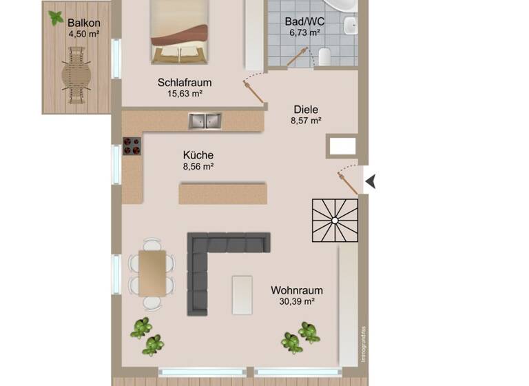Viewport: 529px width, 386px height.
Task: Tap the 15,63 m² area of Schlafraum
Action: [x=184, y=94]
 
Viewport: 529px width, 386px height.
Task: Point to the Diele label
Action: [x=307, y=109]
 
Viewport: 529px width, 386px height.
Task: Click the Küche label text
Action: [x=198, y=155]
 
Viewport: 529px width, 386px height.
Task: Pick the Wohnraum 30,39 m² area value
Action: [x=297, y=301]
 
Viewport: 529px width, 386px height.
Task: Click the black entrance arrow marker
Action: [x=371, y=182]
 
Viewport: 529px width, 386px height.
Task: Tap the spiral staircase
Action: [x=335, y=221]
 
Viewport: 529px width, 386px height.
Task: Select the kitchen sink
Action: [x=205, y=121]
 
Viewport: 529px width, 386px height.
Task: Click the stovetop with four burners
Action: [x=132, y=145]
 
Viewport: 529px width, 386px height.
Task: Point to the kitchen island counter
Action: [x=222, y=192]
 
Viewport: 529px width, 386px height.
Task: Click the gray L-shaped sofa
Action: [x=207, y=262]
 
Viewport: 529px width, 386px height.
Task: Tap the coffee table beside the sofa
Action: [x=242, y=295]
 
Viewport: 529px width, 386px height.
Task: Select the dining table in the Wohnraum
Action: [x=152, y=272]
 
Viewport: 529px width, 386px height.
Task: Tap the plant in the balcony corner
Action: [x=55, y=18]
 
